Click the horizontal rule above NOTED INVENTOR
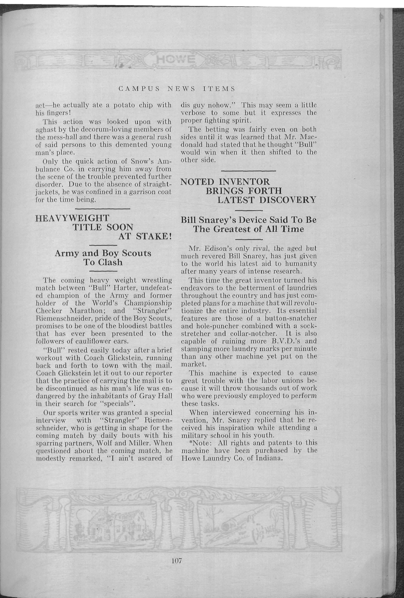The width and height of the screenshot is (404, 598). (248, 171)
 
